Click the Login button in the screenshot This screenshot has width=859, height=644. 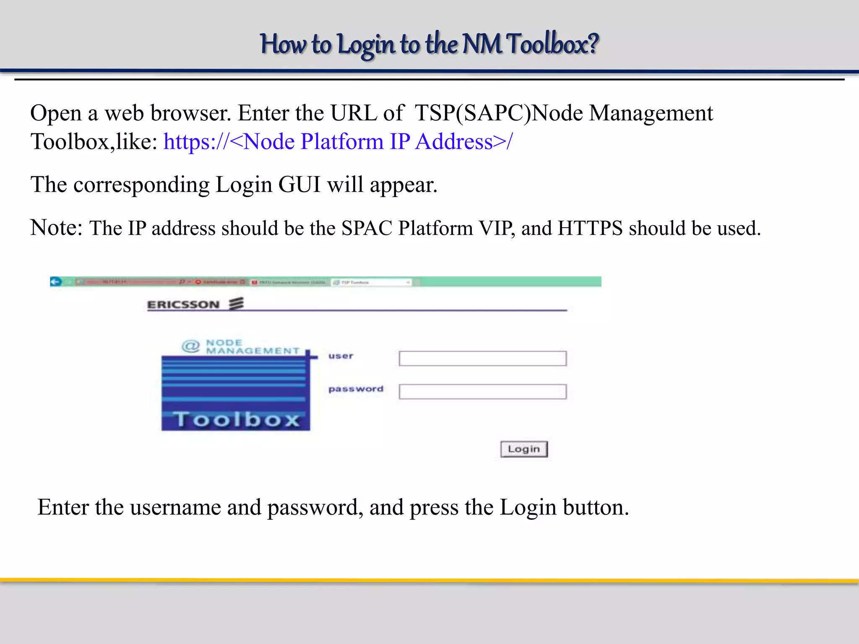pyautogui.click(x=524, y=449)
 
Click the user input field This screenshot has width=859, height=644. pyautogui.click(x=482, y=358)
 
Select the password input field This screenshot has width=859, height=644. pyautogui.click(x=482, y=392)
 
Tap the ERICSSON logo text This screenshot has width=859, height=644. pyautogui.click(x=183, y=305)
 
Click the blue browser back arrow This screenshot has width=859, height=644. pyautogui.click(x=56, y=282)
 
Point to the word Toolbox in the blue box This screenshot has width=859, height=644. pyautogui.click(x=237, y=419)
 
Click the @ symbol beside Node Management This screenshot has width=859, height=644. pyautogui.click(x=191, y=346)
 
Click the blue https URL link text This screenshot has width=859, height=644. pyautogui.click(x=338, y=142)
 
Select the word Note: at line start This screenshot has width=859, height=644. pyautogui.click(x=56, y=228)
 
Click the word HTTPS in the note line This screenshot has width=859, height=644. pyautogui.click(x=590, y=229)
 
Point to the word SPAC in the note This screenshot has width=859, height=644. pyautogui.click(x=367, y=229)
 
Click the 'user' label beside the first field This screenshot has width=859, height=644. pyautogui.click(x=341, y=356)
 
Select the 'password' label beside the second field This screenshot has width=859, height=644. pyautogui.click(x=356, y=389)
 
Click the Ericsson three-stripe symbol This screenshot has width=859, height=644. pyautogui.click(x=236, y=303)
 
